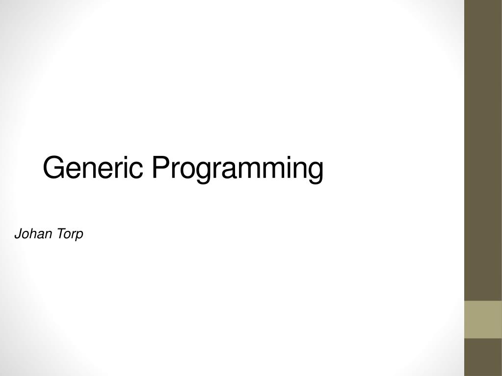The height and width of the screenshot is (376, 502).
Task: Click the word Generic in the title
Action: coord(93,168)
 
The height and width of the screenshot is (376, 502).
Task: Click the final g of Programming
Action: coord(316,172)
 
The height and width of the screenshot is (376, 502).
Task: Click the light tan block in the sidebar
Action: coord(483,319)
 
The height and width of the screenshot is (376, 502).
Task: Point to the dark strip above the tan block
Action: coord(483,147)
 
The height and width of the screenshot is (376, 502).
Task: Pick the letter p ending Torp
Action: coord(79,236)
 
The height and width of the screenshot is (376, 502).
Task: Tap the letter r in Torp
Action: coord(73,235)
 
